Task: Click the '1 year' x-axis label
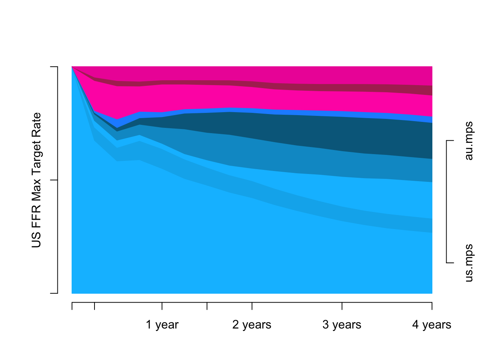162,325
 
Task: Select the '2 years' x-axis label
252,325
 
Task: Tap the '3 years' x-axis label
342,325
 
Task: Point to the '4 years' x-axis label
432,325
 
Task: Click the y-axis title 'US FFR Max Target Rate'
36,180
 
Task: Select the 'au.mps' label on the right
469,141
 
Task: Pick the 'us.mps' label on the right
469,263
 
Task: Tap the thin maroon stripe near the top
337,88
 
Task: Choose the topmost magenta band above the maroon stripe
337,75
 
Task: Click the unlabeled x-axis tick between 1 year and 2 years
207,306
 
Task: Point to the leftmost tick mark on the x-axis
72,306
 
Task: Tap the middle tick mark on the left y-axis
54,180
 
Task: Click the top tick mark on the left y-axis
54,67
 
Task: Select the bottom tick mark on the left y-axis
54,293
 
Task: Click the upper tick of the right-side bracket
450,141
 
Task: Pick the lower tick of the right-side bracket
450,263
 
